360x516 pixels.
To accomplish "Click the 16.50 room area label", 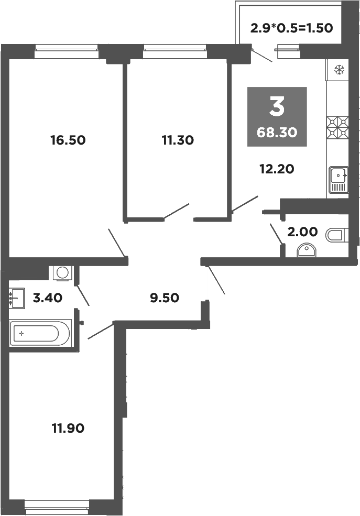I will (x=68, y=140).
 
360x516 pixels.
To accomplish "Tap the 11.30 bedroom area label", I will (x=178, y=140).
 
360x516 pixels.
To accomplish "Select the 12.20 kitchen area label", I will (x=277, y=169).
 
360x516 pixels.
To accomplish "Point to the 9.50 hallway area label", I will (x=164, y=298).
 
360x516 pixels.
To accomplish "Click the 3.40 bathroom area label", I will (x=48, y=298).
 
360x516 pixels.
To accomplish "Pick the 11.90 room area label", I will (x=68, y=428).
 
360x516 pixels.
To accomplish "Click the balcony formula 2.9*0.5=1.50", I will (x=291, y=28).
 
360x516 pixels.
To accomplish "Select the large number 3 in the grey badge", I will (x=277, y=107).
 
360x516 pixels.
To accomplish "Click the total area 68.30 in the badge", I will (x=277, y=133).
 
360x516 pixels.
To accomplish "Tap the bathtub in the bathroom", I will (x=39, y=334).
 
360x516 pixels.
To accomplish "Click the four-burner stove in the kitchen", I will (x=338, y=127).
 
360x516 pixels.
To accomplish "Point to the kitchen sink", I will (x=338, y=180).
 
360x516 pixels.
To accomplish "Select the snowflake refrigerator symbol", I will (x=339, y=69).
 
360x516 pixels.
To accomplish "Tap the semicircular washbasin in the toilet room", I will (x=307, y=251).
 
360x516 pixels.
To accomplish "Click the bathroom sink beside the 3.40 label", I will (x=17, y=299).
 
